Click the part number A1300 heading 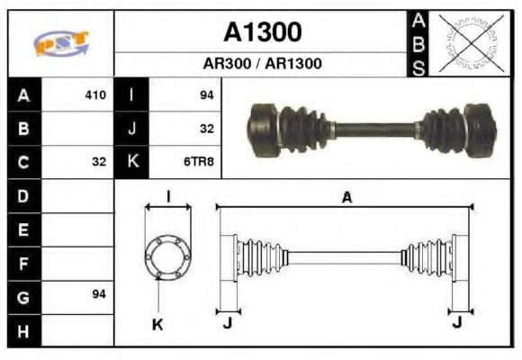pos(262,31)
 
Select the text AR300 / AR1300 pos(262,64)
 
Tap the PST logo pos(60,42)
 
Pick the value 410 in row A pos(94,94)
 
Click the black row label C pos(23,162)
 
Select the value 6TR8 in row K pos(202,162)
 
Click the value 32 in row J pos(206,129)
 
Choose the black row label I pos(132,94)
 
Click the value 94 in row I pos(206,94)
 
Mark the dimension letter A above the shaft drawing pos(346,198)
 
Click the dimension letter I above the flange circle pos(168,196)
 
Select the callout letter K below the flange pos(157,325)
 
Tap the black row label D pos(23,195)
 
